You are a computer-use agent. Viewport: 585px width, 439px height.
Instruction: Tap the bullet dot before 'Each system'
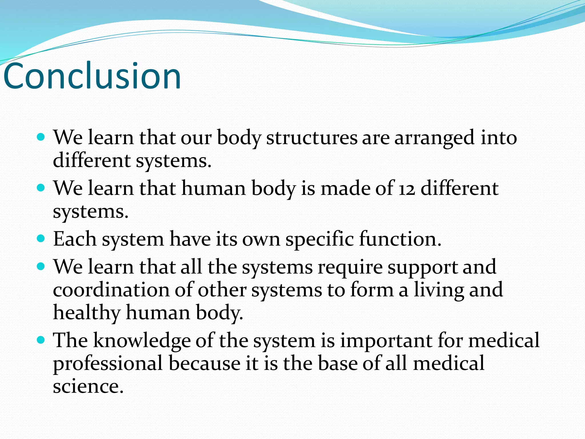(41, 238)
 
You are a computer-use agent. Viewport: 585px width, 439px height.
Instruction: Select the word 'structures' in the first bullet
(312, 138)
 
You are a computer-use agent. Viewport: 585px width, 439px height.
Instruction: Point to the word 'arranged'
(434, 138)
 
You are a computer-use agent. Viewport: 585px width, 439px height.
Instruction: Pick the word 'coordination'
(111, 290)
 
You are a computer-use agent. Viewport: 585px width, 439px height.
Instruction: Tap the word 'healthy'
(87, 313)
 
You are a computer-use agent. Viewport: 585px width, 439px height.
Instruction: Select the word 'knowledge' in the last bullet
(142, 341)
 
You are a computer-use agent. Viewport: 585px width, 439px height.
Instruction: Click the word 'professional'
(108, 364)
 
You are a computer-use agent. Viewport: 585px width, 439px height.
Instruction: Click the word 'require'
(350, 268)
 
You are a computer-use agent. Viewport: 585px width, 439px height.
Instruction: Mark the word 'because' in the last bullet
(205, 364)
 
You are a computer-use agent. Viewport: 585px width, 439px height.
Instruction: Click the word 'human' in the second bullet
(214, 189)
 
